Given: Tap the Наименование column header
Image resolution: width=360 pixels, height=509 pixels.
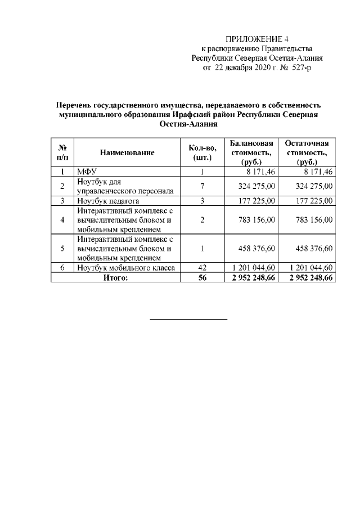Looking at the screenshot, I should click(127, 152).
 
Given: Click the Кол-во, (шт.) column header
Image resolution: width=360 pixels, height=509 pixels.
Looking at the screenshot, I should click(201, 152).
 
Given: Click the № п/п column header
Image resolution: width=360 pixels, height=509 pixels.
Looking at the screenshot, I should click(63, 152).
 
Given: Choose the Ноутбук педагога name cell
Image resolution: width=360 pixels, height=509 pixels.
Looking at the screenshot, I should click(108, 200).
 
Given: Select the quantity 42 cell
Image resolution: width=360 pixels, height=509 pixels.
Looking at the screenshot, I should click(201, 268).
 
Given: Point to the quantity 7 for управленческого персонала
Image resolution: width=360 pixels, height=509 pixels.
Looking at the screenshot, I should click(201, 186).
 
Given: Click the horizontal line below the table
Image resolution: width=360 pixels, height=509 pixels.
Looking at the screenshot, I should click(188, 319).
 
